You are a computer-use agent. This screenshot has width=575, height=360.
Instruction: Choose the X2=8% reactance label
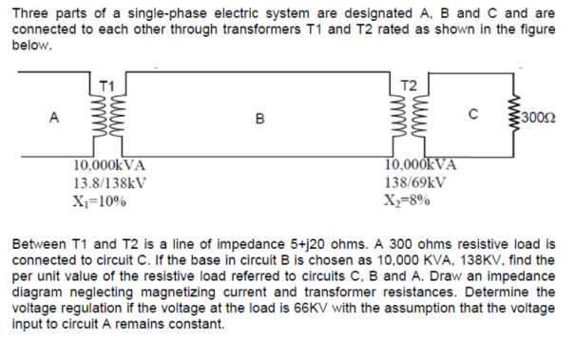[410, 199]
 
